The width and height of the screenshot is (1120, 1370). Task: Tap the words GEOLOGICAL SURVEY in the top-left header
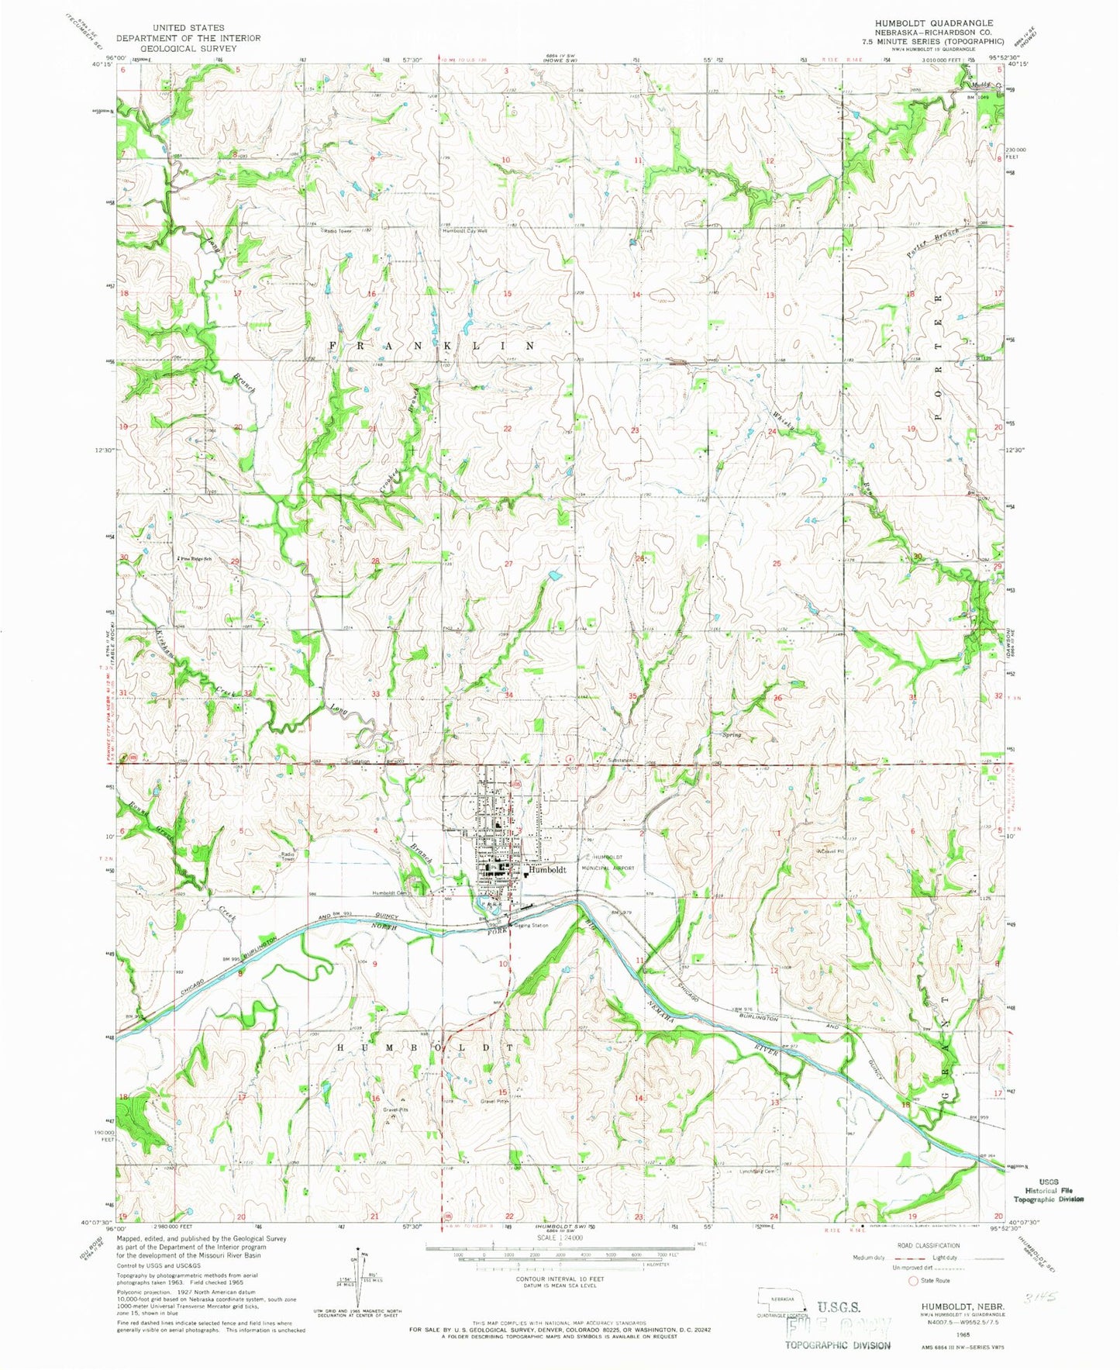pos(188,47)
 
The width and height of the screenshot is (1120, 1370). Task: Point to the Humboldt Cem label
pos(390,892)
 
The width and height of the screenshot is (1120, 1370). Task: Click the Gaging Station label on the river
pos(531,925)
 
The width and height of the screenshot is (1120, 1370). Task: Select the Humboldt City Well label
pos(464,231)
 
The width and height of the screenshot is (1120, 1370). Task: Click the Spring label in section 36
pos(731,734)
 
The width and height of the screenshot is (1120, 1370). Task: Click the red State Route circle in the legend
pos(912,1281)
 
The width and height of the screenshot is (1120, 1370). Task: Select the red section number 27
pos(508,564)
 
